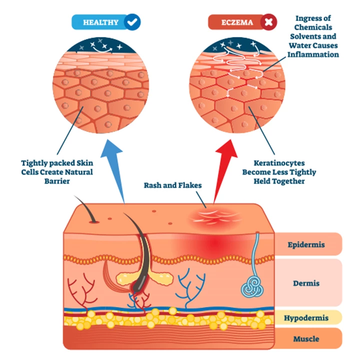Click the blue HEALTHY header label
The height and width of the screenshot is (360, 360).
pos(100,22)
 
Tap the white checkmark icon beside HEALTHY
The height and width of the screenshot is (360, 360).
pos(133,22)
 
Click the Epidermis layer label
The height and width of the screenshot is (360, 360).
pos(306,245)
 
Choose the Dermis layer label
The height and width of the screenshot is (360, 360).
pos(306,283)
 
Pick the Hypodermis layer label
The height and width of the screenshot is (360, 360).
pos(306,318)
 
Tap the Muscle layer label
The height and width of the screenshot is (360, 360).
pos(306,339)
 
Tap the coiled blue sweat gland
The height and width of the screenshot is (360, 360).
pos(251,285)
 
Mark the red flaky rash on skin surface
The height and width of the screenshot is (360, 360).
pos(205,216)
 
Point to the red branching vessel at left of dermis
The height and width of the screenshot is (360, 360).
pos(80,292)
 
